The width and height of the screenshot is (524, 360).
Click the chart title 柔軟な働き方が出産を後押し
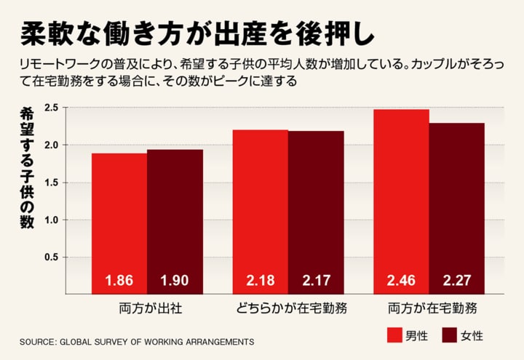click(196, 32)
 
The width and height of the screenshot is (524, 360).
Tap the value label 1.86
click(119, 280)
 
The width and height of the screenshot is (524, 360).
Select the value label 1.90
click(175, 280)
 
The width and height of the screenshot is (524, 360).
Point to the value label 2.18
click(260, 280)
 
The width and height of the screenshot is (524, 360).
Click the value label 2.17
click(316, 280)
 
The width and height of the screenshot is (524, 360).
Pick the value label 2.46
click(401, 280)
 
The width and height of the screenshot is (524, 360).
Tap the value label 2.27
click(456, 280)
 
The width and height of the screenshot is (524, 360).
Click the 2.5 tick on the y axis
click(51, 108)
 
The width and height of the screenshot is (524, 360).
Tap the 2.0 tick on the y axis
click(51, 145)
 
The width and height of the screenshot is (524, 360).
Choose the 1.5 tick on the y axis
click(51, 182)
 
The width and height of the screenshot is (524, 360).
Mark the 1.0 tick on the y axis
click(51, 220)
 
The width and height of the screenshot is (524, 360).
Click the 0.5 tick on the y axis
click(51, 257)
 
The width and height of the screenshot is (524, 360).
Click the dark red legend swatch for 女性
click(449, 335)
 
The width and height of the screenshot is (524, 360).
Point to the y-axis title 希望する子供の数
click(27, 167)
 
